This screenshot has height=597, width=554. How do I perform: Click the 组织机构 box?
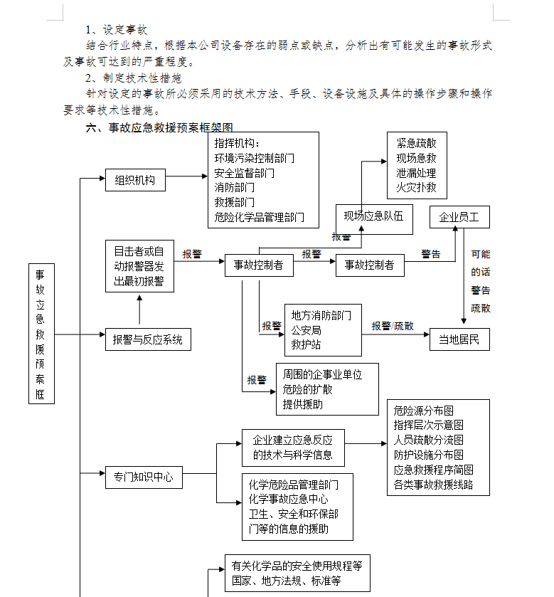pos(135,180)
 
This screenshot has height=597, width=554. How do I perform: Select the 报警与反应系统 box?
pos(148,339)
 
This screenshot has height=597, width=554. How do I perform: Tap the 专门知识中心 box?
pos(144,477)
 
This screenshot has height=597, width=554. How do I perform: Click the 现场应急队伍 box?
pos(374,219)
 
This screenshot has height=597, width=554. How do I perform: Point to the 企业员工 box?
pos(459,217)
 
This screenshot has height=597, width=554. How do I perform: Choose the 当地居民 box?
pos(459,339)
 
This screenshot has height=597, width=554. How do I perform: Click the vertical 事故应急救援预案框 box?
pos(41,334)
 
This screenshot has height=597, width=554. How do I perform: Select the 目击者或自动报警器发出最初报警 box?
pos(139,266)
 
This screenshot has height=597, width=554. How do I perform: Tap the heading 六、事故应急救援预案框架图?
pos(159,127)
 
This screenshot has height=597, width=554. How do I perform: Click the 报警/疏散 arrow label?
pos(393,327)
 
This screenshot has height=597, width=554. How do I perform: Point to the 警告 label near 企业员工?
pos(431,254)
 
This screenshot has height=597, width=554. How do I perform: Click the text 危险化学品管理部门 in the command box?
pos(259,218)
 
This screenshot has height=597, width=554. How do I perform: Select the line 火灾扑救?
pos(416,187)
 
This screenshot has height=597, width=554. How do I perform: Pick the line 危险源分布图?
pos(423,411)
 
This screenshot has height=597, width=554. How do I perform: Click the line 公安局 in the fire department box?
pos(306,330)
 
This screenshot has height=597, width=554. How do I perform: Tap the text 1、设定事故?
pos(117,30)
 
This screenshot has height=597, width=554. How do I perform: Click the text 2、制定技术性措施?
pos(134,78)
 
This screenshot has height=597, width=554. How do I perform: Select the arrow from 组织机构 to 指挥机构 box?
pos(186,176)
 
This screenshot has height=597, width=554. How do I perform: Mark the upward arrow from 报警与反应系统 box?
pos(139,310)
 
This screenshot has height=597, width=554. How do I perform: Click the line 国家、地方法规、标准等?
pos(286,581)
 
